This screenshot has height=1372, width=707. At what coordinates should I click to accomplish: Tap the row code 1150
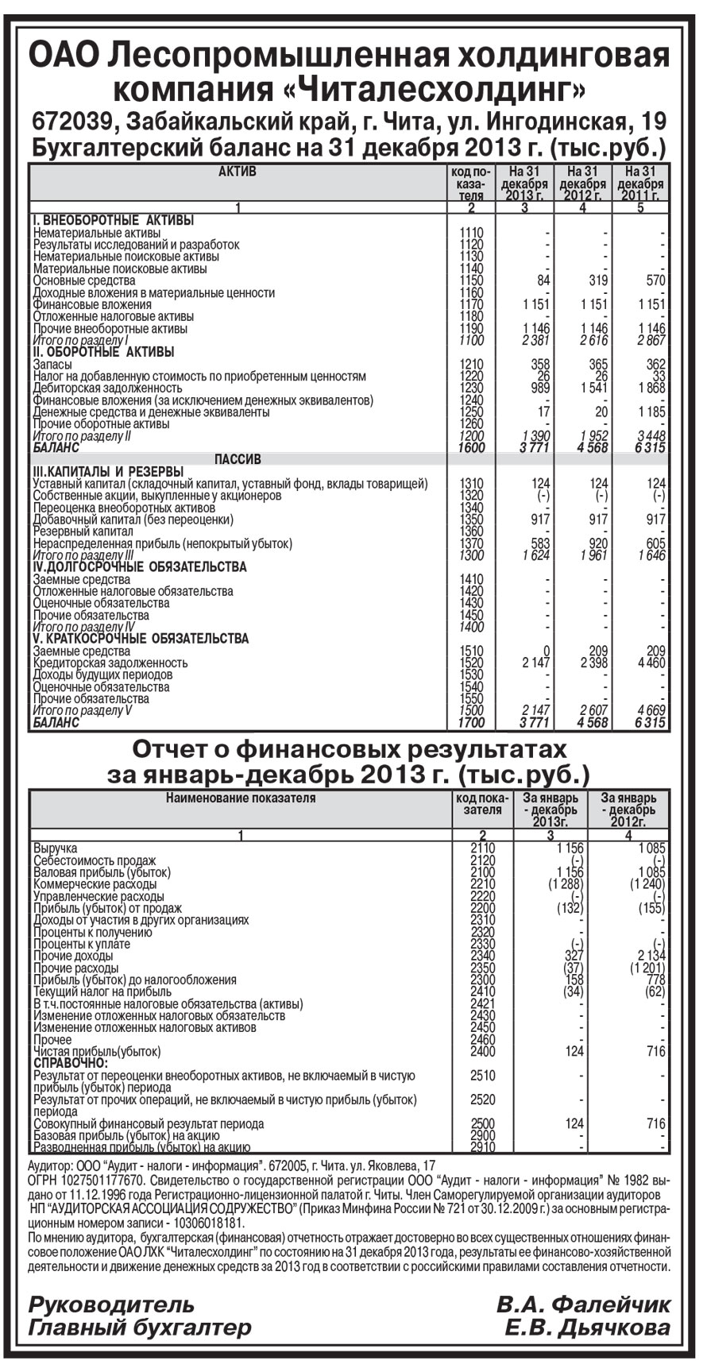tap(471, 280)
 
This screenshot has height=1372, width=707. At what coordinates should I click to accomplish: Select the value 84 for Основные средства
tap(543, 280)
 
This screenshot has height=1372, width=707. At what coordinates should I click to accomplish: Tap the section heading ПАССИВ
tap(238, 460)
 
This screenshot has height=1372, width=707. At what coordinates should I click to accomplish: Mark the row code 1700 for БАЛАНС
tap(471, 723)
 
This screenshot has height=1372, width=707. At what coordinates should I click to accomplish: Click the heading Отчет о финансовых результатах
tap(350, 749)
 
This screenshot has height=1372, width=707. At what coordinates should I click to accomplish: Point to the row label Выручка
tap(56, 848)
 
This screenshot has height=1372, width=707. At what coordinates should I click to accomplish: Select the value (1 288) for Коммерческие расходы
tap(566, 883)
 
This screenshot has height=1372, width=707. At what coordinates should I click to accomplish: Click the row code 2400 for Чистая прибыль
tap(483, 1051)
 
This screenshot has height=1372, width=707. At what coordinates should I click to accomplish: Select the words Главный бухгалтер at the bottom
tap(140, 1328)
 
